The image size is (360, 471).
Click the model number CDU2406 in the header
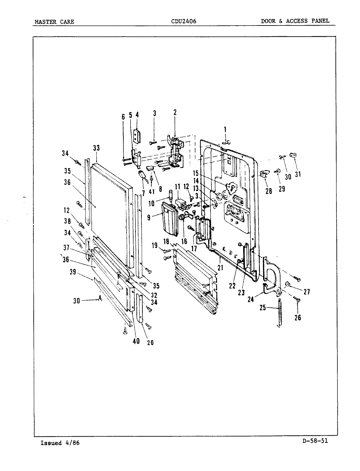tap(184, 22)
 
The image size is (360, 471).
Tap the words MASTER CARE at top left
tap(54, 22)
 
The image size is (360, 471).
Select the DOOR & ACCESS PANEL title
tap(295, 21)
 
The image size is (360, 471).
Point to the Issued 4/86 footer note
tap(60, 443)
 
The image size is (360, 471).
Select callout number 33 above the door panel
tap(96, 148)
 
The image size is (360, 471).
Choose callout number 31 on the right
tap(297, 174)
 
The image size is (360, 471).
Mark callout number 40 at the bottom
tap(136, 341)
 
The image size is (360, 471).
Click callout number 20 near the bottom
tap(150, 342)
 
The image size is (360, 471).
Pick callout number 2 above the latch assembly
tap(175, 113)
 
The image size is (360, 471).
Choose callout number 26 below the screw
tap(297, 317)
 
